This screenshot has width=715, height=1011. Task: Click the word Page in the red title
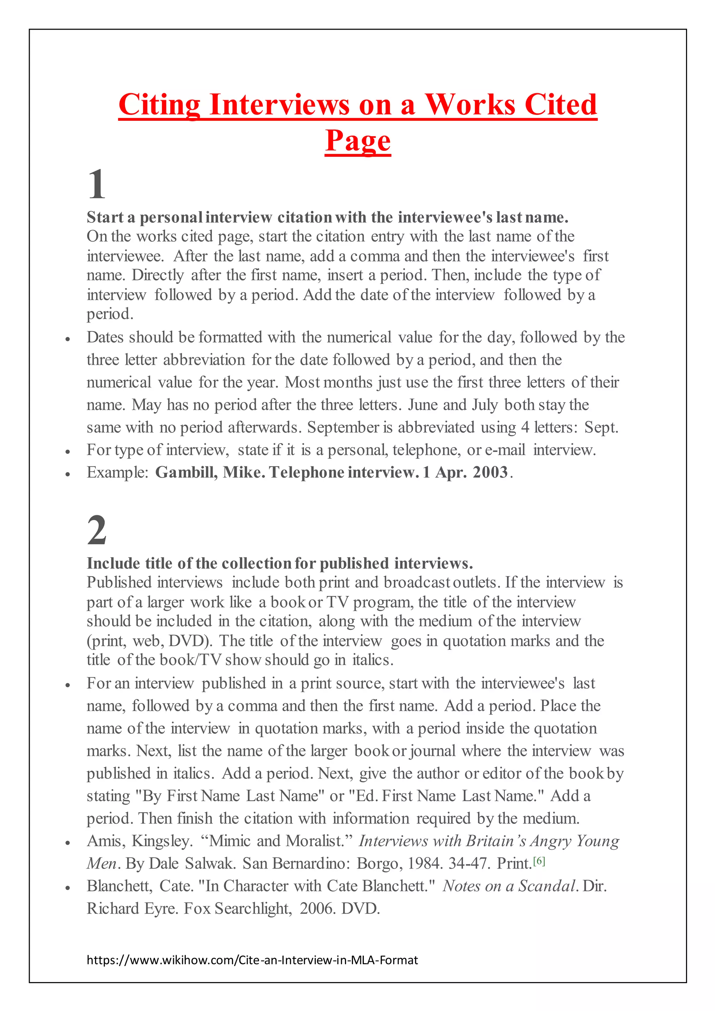click(357, 141)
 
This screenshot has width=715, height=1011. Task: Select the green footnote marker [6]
click(539, 861)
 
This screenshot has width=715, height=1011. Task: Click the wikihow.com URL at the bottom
click(252, 960)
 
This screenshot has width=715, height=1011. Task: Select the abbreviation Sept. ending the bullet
click(602, 428)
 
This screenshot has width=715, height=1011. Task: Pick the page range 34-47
click(469, 863)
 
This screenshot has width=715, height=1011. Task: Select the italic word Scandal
click(546, 886)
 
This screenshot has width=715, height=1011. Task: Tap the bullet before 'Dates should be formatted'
click(67, 339)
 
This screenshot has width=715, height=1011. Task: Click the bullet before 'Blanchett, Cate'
click(67, 888)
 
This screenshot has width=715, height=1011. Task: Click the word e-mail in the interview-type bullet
click(505, 450)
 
